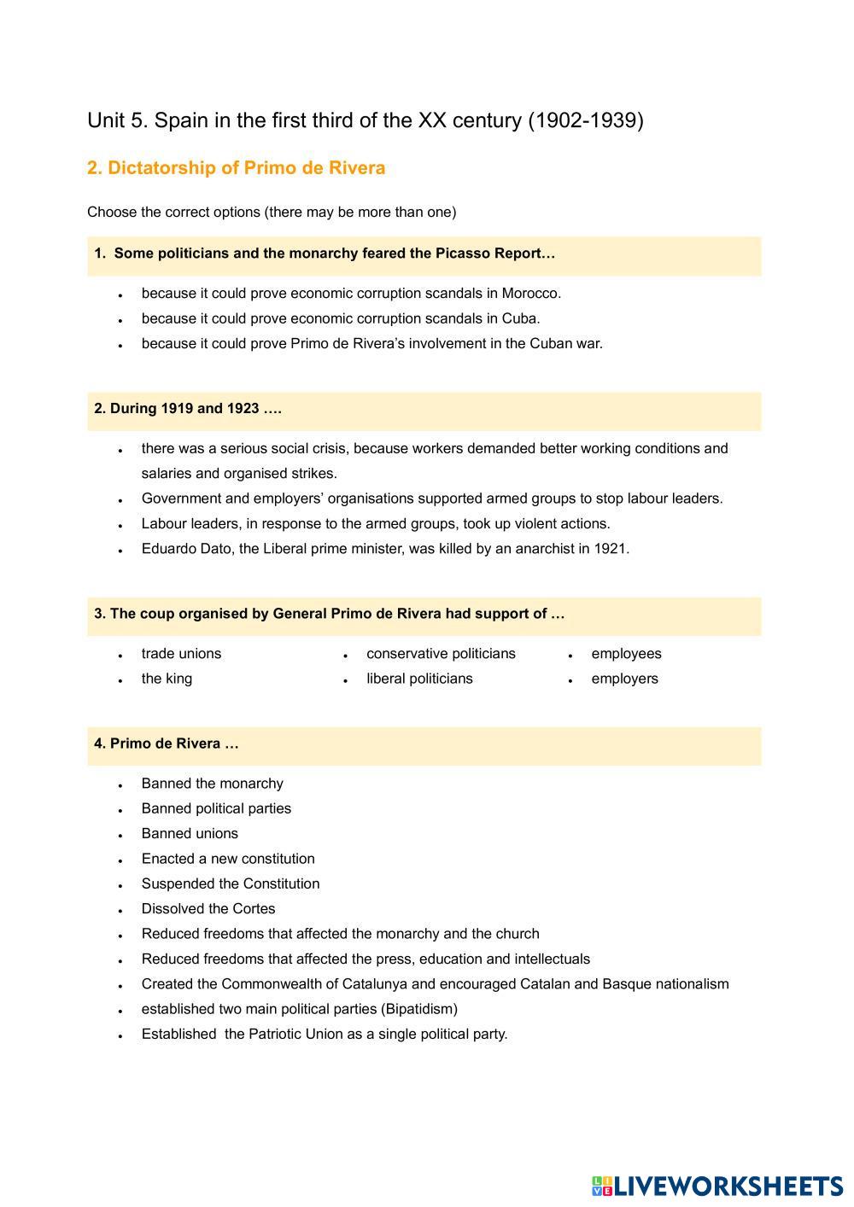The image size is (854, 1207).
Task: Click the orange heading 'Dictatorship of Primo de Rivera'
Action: pos(236,168)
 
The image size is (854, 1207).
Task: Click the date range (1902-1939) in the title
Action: pos(586,120)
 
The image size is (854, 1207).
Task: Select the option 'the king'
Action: pos(167,679)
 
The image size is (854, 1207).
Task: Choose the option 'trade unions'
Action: pos(181,654)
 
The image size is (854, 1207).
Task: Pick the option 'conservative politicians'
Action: pos(441,654)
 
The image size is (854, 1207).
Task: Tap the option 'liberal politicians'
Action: pos(419,679)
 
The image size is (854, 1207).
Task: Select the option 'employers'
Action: pos(624,679)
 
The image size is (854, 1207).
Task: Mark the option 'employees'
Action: pos(626,654)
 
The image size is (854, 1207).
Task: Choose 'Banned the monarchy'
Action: pos(212,784)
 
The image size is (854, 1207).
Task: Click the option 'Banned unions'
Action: pos(190,834)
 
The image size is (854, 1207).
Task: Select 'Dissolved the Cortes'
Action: pos(208,909)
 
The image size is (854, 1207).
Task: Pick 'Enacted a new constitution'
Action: pos(228,859)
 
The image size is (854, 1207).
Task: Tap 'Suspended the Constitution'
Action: pos(231,884)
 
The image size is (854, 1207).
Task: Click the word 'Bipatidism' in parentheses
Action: pos(418,1009)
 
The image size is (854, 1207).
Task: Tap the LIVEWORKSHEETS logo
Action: pos(717,1186)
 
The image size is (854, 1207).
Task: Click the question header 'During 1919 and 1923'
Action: pos(188,409)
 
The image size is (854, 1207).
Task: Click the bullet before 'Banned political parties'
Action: pos(121,810)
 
